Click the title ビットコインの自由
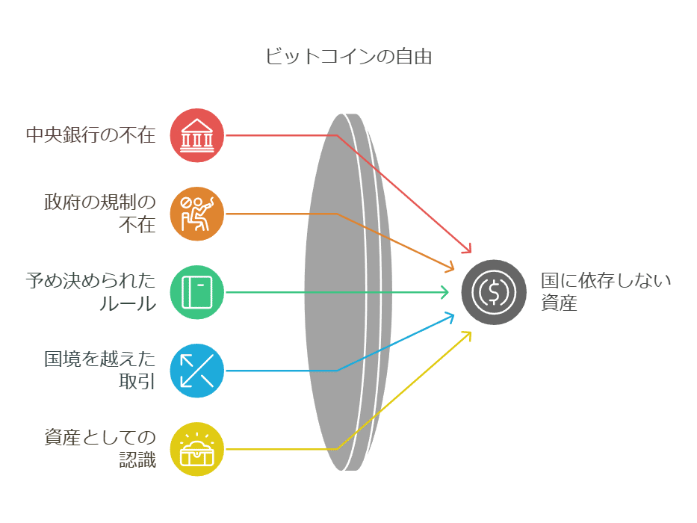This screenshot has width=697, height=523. [348, 57]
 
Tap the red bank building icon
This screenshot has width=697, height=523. [197, 135]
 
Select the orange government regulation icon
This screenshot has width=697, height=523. [197, 214]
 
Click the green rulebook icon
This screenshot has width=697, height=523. [197, 292]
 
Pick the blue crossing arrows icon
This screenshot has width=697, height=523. [197, 371]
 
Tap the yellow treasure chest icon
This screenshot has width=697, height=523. [197, 449]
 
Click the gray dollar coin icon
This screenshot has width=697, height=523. [494, 292]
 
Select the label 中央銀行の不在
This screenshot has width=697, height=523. [90, 135]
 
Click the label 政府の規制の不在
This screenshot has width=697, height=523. [100, 214]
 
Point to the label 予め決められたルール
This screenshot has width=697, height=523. [90, 292]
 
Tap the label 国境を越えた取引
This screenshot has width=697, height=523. [100, 371]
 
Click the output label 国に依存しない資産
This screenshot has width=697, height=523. [606, 292]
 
